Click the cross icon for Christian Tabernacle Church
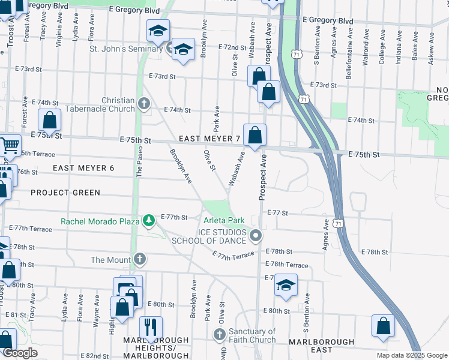pyautogui.click(x=143, y=104)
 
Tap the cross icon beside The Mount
pyautogui.click(x=139, y=259)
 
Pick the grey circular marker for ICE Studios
pyautogui.click(x=256, y=236)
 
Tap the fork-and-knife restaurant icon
pyautogui.click(x=151, y=328)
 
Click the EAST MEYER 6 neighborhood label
pyautogui.click(x=83, y=168)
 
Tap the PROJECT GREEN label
pyautogui.click(x=65, y=193)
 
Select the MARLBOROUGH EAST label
pyautogui.click(x=321, y=342)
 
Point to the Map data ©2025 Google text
pyautogui.click(x=411, y=355)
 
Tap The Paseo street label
pyautogui.click(x=139, y=162)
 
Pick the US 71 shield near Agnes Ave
pyautogui.click(x=339, y=223)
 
